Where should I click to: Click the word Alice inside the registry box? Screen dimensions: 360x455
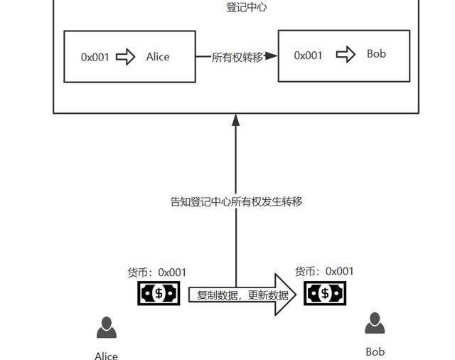coord(158,56)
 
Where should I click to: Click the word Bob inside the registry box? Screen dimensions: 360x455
coord(376,54)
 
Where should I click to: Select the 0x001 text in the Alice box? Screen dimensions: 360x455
coord(95,57)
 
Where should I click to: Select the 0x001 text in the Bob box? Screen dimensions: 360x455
coord(308,55)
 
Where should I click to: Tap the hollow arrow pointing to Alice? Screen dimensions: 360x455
coord(125,57)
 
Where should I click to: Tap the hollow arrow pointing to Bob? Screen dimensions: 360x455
coord(346,55)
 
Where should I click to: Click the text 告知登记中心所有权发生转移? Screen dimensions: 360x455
coord(236,201)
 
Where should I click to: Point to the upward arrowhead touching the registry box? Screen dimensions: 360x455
coord(236,120)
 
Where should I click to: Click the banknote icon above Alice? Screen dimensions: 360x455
coord(159,293)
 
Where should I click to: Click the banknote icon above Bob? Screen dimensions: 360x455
coord(325,292)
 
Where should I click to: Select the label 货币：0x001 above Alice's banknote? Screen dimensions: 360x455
coord(157,272)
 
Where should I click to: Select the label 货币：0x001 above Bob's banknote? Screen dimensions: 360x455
coord(324,271)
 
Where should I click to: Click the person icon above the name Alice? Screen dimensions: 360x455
coord(107,328)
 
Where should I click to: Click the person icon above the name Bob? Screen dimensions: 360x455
coord(375,324)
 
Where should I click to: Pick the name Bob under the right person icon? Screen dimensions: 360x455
coord(375,351)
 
